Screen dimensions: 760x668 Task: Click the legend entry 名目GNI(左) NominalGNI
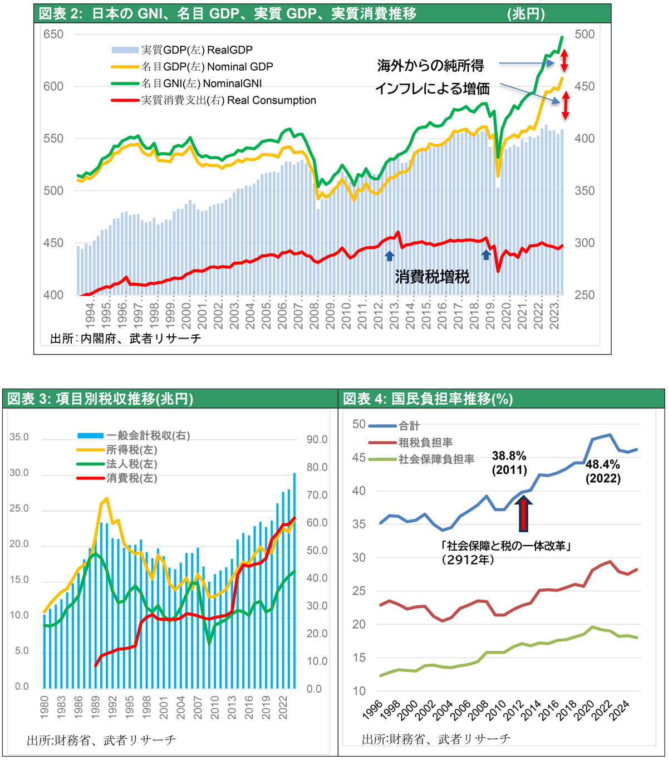(x=201, y=84)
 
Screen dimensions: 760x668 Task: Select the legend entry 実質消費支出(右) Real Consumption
(x=228, y=100)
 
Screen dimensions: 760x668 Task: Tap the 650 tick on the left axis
(x=53, y=35)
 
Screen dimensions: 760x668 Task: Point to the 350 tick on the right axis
(x=584, y=191)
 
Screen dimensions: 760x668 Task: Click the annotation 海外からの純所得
(x=430, y=66)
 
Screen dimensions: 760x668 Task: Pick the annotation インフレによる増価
(x=432, y=89)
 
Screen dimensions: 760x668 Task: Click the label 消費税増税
(x=432, y=277)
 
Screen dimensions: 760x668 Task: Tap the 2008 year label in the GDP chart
(x=315, y=316)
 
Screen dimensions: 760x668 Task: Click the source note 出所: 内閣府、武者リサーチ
(x=125, y=339)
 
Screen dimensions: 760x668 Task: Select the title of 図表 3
(x=100, y=399)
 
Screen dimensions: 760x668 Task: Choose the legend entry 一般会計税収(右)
(x=148, y=435)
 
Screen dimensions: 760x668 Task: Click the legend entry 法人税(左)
(x=131, y=464)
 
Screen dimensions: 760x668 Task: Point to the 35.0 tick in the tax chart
(x=19, y=437)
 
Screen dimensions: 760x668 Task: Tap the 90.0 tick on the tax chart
(x=317, y=440)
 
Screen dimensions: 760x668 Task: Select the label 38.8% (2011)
(x=509, y=463)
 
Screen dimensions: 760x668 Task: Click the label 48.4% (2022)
(x=603, y=471)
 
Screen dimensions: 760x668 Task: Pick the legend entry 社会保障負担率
(x=436, y=459)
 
